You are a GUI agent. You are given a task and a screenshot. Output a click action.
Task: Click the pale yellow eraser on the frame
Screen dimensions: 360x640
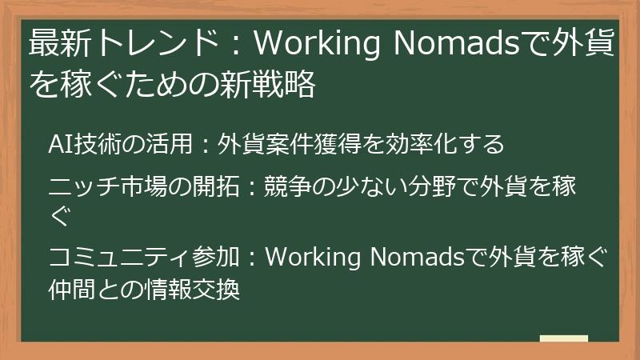[x=565, y=339]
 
